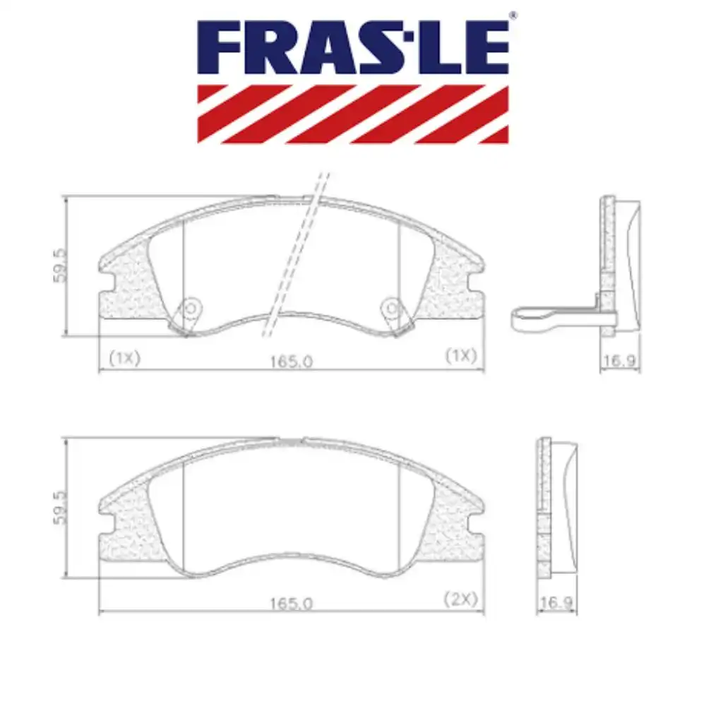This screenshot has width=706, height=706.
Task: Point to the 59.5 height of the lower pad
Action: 60,507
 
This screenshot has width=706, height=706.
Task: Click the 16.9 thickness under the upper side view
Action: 620,361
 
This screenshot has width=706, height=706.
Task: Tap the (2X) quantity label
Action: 461,599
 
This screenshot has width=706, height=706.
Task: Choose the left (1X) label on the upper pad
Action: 124,357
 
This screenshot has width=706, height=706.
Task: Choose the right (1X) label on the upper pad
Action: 460,357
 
